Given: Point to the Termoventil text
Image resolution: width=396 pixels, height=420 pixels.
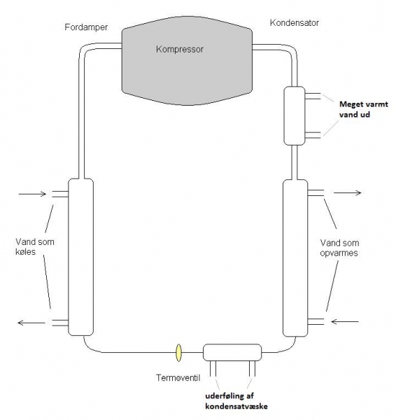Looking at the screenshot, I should (174, 378).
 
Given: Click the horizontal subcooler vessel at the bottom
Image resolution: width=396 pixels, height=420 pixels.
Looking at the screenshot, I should (232, 351).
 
